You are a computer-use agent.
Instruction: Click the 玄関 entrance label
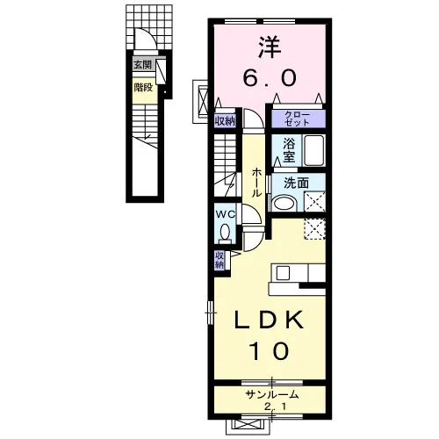click(143, 65)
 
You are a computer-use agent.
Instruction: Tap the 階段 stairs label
click(143, 87)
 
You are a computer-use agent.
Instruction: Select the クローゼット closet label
click(297, 119)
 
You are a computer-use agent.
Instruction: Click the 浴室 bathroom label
click(289, 150)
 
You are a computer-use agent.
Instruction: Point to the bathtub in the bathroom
click(314, 150)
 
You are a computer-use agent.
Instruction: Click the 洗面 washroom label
click(296, 184)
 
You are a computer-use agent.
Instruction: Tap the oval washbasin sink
click(284, 203)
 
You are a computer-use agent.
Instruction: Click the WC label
click(226, 214)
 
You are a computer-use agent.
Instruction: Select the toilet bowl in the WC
click(225, 232)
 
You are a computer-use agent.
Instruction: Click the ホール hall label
click(256, 182)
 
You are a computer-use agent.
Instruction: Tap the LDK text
click(270, 320)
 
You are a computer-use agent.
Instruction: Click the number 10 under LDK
click(270, 350)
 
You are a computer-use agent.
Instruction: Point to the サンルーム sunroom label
click(272, 395)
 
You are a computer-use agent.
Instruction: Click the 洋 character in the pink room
click(270, 47)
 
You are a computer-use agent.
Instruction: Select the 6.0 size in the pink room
click(270, 78)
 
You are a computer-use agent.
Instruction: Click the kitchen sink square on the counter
click(283, 273)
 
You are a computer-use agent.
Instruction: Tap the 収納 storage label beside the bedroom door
click(225, 120)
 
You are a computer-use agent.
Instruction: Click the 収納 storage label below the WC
click(219, 260)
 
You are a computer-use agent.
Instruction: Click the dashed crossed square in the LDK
click(314, 229)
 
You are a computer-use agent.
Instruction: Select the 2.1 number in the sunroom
click(272, 407)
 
